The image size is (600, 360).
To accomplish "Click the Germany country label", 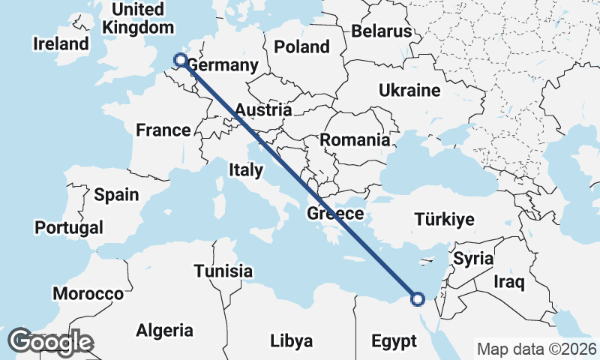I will [222, 65].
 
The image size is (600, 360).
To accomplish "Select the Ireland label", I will [61, 44].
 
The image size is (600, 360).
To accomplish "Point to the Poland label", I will [301, 46].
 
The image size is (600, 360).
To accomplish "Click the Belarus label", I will [382, 31].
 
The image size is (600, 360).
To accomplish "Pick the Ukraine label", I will [409, 91].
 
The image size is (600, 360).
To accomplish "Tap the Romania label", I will [355, 139].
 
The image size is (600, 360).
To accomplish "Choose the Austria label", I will [262, 110].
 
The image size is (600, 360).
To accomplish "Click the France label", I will [163, 130].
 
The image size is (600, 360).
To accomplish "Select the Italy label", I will [246, 170].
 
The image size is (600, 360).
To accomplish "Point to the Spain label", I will [117, 195].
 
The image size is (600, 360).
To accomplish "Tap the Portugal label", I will [69, 226].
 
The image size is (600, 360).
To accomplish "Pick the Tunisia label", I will [223, 271].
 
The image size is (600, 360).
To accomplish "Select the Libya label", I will [291, 341].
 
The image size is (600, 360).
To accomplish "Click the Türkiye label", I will [445, 220].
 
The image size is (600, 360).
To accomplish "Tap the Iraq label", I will [508, 282].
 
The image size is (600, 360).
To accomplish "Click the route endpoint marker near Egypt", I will [418, 299].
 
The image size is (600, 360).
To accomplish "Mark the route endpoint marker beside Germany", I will [180, 60].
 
